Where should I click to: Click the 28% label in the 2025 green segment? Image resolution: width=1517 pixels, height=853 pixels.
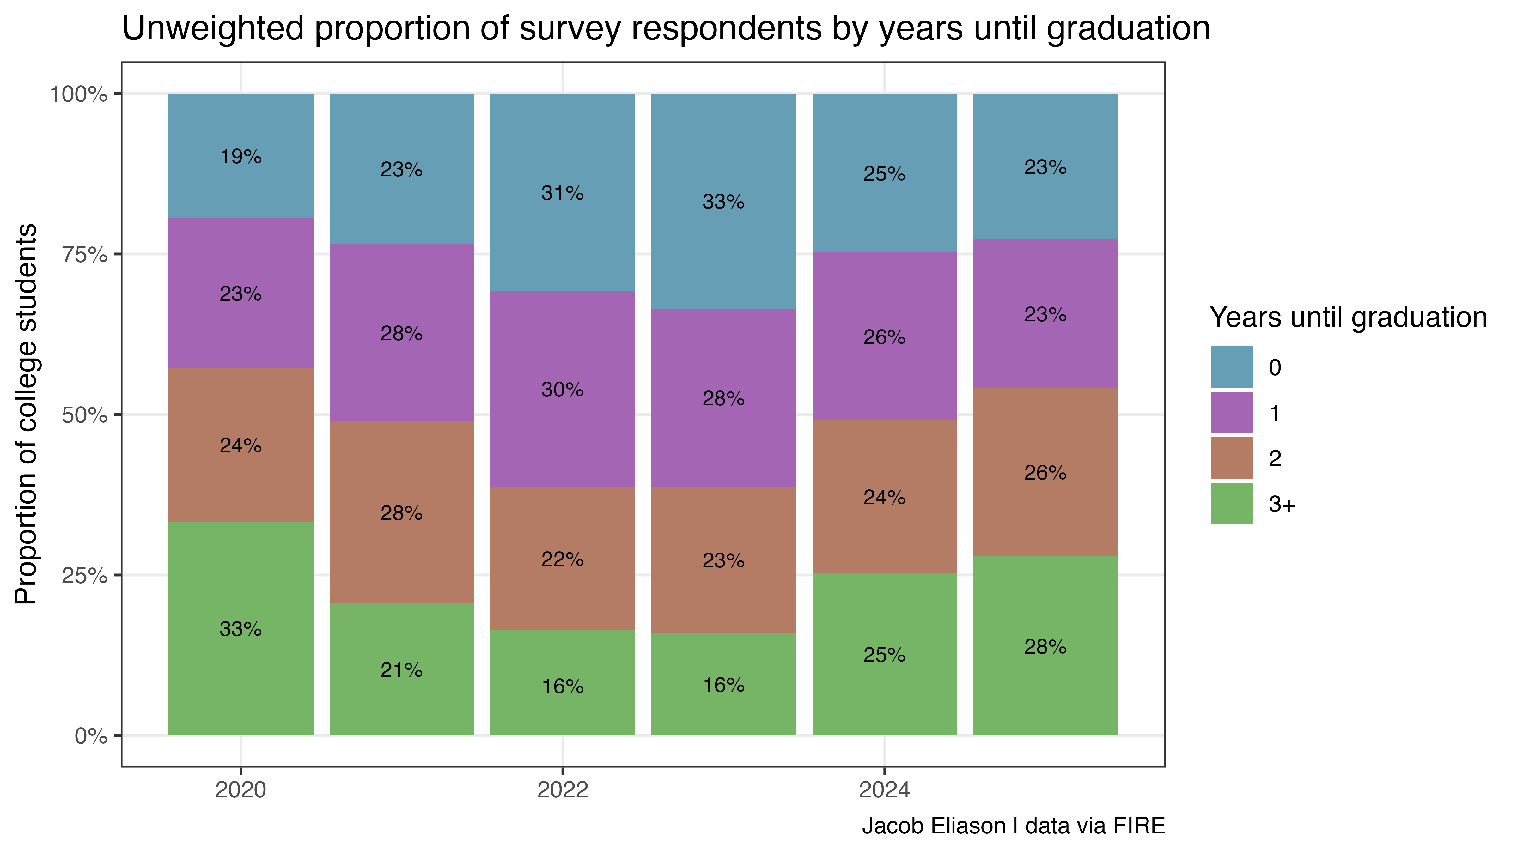pos(1045,647)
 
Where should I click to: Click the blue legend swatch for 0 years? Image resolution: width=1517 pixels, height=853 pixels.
pos(1231,367)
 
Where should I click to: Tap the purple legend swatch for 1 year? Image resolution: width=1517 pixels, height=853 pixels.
pos(1231,413)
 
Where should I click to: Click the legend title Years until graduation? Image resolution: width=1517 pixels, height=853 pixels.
pos(1348,317)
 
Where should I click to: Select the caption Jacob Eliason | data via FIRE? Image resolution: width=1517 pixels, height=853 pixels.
pos(1013,826)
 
